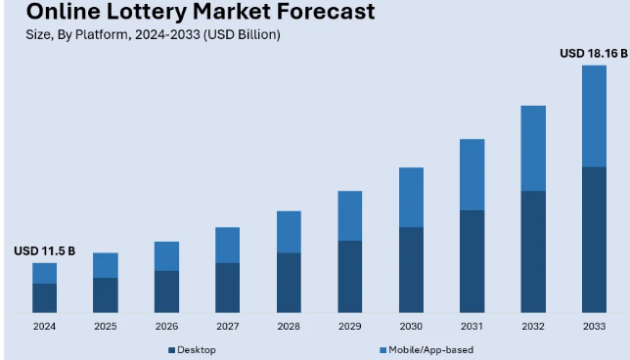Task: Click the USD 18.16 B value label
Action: pos(593,53)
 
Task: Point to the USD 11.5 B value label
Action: pos(44,251)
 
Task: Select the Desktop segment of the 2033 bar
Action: pos(594,240)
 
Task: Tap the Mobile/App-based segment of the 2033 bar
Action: pos(594,116)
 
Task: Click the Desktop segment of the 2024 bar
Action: pos(44,297)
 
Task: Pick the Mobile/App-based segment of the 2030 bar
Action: pos(411,198)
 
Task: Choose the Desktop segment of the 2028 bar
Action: pos(289,283)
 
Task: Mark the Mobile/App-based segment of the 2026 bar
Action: pos(166,256)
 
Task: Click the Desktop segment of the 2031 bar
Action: pos(472,261)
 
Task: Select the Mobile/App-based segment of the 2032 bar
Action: pos(533,148)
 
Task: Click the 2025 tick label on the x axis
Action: pos(105,326)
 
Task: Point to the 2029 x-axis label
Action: pos(349,326)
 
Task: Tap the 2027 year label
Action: pos(227,326)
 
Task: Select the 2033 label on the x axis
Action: pos(594,326)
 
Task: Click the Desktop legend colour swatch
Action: pos(171,349)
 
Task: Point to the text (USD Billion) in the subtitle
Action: pos(240,35)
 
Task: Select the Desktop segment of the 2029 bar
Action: pos(349,277)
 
